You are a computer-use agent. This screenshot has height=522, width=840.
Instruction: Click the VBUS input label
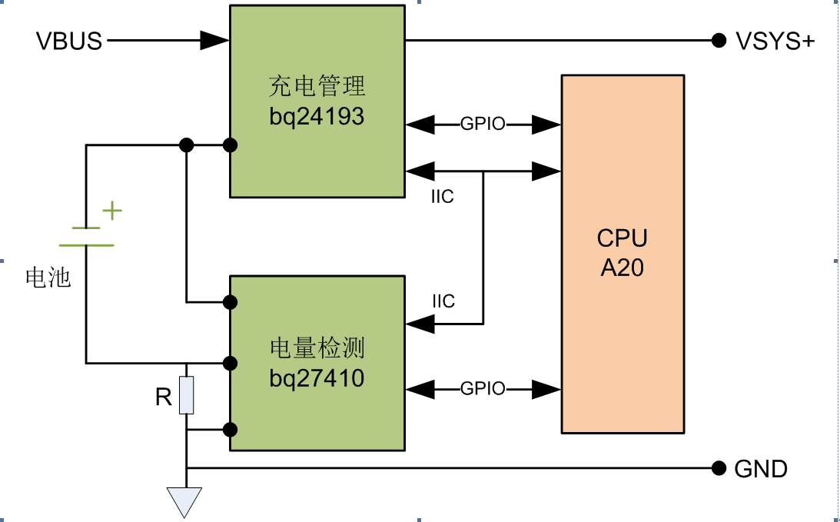[x=69, y=41]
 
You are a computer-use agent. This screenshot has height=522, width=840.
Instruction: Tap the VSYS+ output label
[x=774, y=41]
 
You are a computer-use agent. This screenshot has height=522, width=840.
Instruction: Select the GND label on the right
[x=761, y=468]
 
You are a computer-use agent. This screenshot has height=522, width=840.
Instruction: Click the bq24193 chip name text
[x=317, y=118]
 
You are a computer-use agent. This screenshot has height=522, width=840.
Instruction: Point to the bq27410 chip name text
[x=317, y=378]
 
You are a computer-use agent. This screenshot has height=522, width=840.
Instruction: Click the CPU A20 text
[x=623, y=253]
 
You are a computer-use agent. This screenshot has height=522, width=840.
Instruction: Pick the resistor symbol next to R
[x=186, y=395]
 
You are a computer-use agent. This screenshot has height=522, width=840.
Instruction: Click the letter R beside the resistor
[x=163, y=397]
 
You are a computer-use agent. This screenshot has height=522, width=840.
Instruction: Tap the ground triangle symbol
[x=186, y=501]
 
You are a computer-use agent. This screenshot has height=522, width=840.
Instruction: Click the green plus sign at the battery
[x=113, y=210]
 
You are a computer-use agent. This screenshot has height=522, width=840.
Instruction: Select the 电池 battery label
[x=48, y=278]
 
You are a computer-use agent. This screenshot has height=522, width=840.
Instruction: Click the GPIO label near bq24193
[x=483, y=124]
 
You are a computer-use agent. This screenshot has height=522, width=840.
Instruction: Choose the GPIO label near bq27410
[x=483, y=389]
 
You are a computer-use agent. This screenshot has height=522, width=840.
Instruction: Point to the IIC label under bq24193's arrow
[x=443, y=197]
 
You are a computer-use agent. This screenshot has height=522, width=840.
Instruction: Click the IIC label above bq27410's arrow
[x=443, y=301]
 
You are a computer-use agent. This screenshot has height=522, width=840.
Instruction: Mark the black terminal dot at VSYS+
[x=719, y=40]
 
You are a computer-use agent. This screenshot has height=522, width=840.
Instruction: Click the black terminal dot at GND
[x=719, y=467]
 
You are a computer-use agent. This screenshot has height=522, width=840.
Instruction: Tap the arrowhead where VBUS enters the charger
[x=214, y=40]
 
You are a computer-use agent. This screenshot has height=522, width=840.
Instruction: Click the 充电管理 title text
[x=317, y=85]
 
